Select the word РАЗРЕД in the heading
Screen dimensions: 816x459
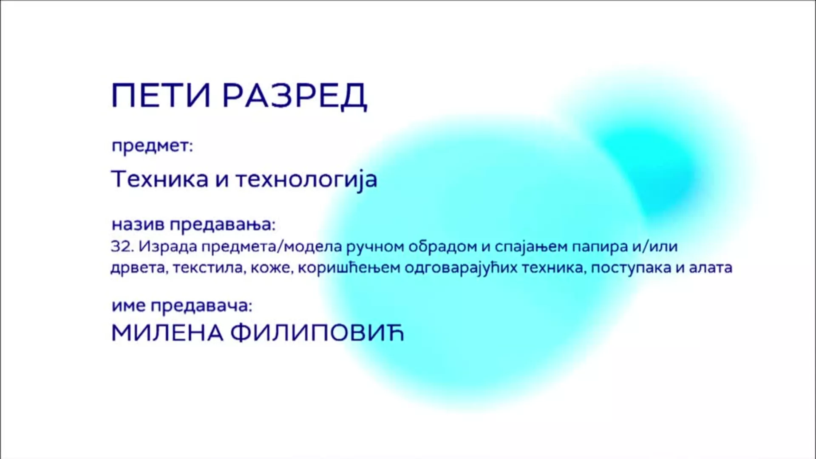click(x=295, y=96)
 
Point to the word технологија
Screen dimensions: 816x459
click(x=306, y=180)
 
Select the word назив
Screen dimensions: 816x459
click(x=138, y=224)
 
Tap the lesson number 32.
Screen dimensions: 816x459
click(x=122, y=246)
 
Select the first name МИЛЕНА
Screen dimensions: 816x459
click(x=167, y=334)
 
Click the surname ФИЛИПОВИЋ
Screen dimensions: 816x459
click(x=317, y=334)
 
